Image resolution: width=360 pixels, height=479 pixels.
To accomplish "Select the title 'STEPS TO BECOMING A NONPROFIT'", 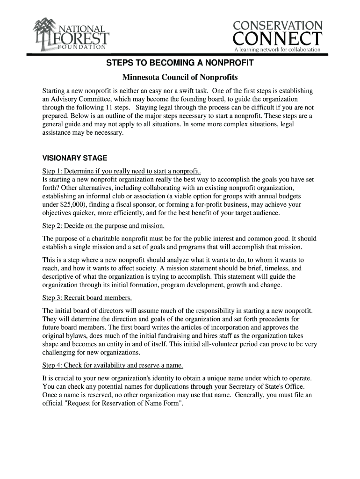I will click(x=180, y=63).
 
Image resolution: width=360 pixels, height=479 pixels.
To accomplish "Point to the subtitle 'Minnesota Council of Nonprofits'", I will click(x=180, y=77).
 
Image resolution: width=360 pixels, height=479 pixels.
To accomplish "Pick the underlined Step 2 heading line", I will click(x=103, y=226).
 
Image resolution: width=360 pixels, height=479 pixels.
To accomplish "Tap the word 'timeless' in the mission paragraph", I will click(x=272, y=269).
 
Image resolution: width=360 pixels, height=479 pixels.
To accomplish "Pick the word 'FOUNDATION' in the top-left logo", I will click(x=83, y=46).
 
